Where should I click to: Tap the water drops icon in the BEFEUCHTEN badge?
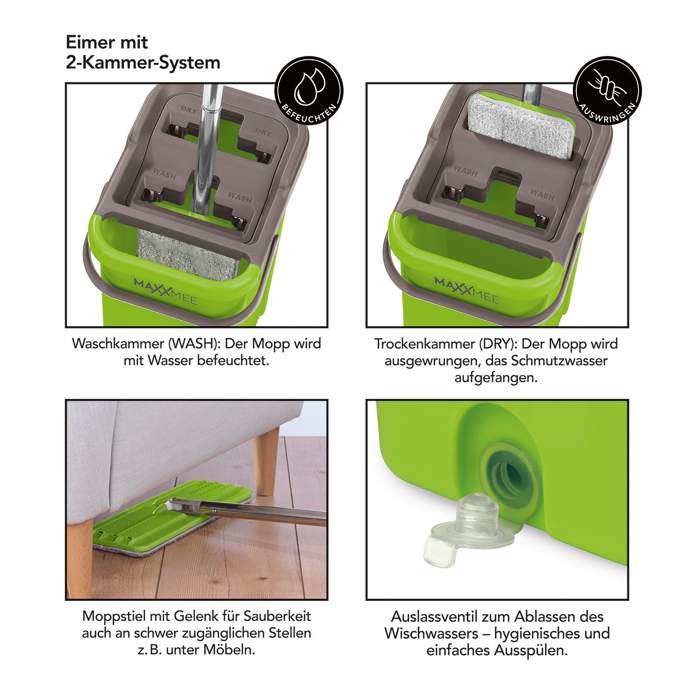[309, 86]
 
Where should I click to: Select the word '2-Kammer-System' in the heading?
[143, 63]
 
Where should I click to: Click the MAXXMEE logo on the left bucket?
[166, 291]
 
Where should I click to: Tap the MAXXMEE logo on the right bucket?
[467, 290]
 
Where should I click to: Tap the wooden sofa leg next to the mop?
[266, 461]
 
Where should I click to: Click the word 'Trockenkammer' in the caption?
[424, 344]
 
